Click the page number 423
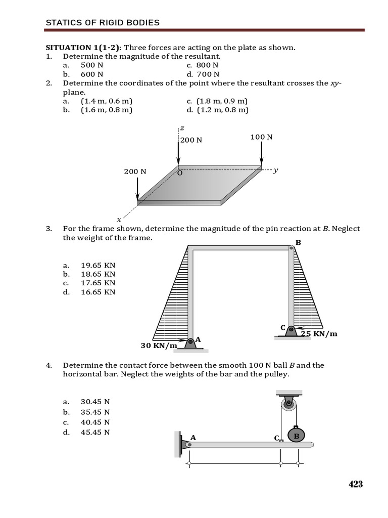[x=355, y=484]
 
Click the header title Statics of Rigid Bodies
[x=103, y=22]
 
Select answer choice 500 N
[x=91, y=65]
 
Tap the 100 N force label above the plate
[x=261, y=137]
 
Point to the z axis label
[x=182, y=128]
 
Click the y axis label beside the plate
[x=275, y=170]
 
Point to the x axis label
[x=119, y=220]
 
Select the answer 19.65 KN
[x=98, y=265]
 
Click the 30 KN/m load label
[x=159, y=346]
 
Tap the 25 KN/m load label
[x=319, y=334]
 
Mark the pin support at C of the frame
[x=291, y=330]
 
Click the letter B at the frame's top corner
[x=298, y=243]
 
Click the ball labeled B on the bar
[x=297, y=436]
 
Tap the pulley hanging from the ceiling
[x=288, y=404]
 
